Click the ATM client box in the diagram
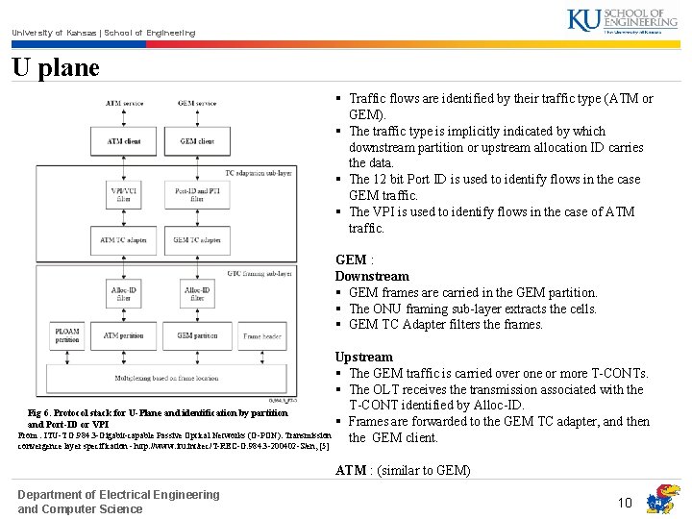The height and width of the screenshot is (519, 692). [x=124, y=141]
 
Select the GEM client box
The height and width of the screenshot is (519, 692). [x=197, y=141]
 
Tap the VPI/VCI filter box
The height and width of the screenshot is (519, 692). [x=123, y=195]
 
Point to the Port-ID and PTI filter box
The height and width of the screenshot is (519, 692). [x=197, y=195]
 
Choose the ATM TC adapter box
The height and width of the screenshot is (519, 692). [x=123, y=239]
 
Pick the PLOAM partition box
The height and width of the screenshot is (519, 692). [x=68, y=336]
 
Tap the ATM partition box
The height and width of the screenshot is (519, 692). [x=123, y=335]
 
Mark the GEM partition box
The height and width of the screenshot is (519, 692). [x=197, y=335]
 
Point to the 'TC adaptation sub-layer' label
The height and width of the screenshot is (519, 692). [x=259, y=173]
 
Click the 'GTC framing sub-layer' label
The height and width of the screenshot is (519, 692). [x=259, y=273]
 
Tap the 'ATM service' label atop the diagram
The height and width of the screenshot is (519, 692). [x=124, y=103]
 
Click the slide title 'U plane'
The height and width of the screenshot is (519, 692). [x=56, y=68]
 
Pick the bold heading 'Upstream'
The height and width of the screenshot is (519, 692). [x=364, y=357]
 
